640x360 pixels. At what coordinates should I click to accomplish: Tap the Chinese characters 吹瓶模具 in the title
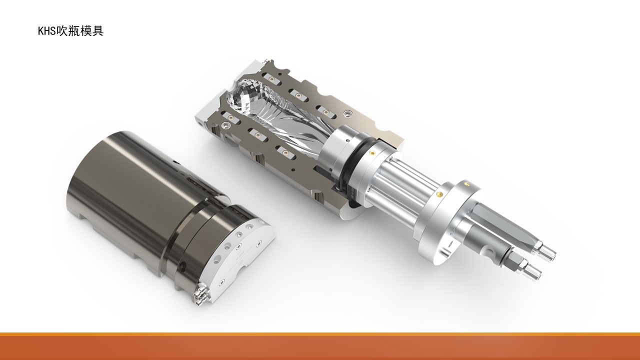tap(79, 31)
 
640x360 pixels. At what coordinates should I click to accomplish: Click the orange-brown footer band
tap(320, 346)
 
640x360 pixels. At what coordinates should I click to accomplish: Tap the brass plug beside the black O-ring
tap(371, 152)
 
